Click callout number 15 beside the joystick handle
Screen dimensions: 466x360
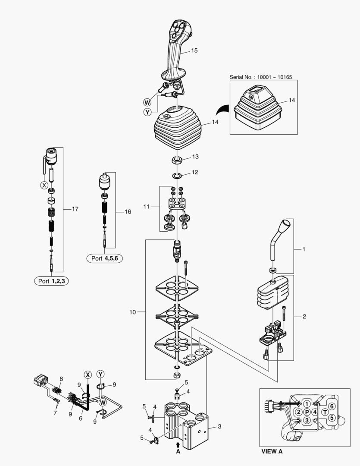tap(194, 50)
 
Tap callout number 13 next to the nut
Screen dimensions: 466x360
tap(195, 157)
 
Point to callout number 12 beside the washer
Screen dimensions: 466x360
tap(194, 172)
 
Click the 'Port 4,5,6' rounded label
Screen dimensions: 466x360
tap(105, 258)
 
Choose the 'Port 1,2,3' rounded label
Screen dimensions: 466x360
tap(51, 281)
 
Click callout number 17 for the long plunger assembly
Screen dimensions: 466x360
tap(75, 209)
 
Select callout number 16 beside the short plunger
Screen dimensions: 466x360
tap(128, 212)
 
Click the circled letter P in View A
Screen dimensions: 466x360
tap(307, 412)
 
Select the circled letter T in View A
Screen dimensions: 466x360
tap(325, 412)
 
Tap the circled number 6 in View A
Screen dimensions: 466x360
tap(332, 406)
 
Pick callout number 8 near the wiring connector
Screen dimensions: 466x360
tap(61, 379)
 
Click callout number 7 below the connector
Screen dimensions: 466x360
tap(55, 413)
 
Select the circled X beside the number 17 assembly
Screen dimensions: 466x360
tap(44, 186)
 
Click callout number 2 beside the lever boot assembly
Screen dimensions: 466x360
tap(304, 317)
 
